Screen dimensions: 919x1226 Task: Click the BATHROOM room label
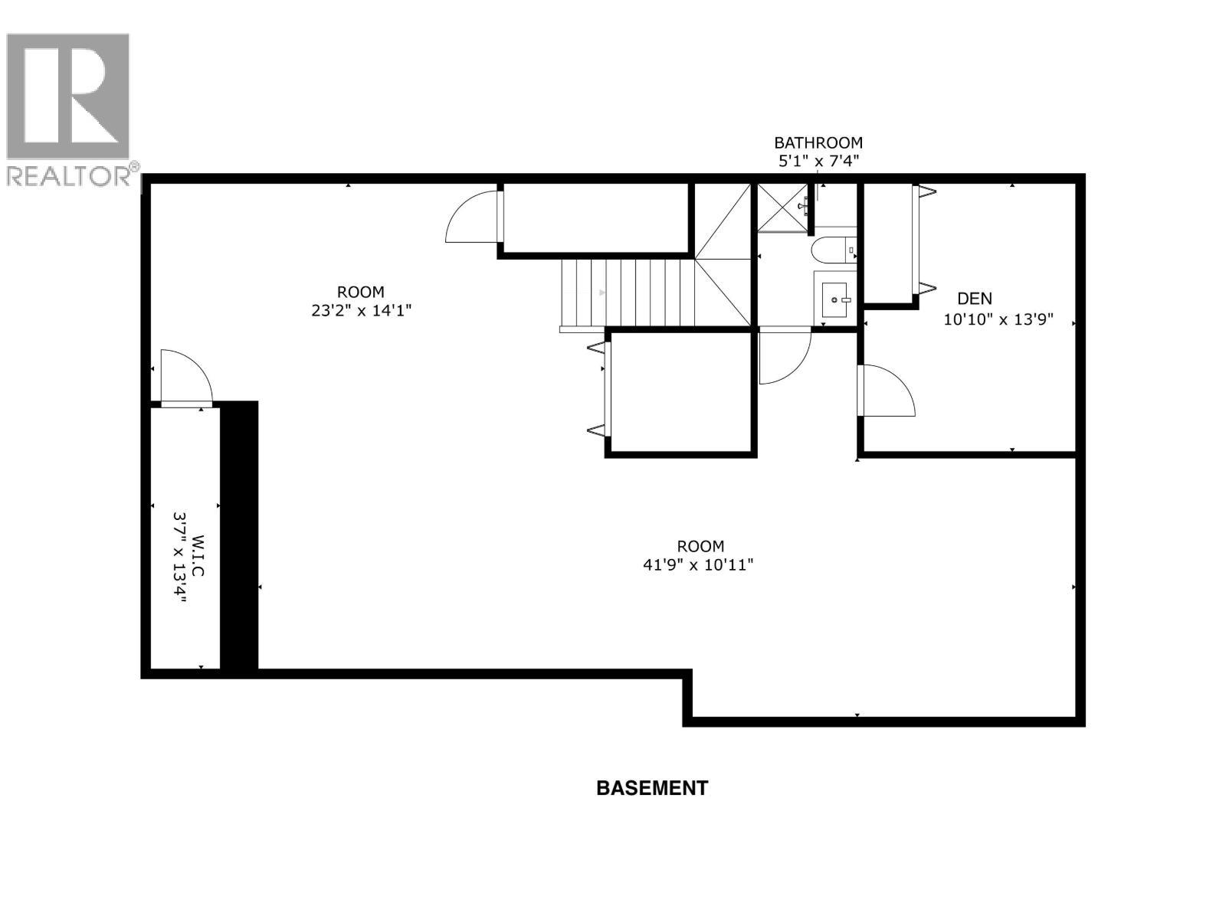pyautogui.click(x=818, y=142)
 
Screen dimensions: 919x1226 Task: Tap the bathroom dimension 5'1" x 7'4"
pyautogui.click(x=818, y=161)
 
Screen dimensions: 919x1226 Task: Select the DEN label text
pyautogui.click(x=974, y=299)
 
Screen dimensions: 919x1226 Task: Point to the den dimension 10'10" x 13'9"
pyautogui.click(x=998, y=320)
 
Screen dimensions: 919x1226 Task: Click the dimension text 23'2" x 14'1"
pyautogui.click(x=360, y=311)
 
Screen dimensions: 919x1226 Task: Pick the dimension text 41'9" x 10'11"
pyautogui.click(x=700, y=565)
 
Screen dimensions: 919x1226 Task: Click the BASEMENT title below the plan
pyautogui.click(x=652, y=788)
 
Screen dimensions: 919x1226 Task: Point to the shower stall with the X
pyautogui.click(x=782, y=207)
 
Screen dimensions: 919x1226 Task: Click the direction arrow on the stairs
pyautogui.click(x=602, y=293)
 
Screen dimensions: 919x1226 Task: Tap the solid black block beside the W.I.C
pyautogui.click(x=240, y=536)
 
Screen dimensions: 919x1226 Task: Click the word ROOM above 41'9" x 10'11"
pyautogui.click(x=700, y=546)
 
